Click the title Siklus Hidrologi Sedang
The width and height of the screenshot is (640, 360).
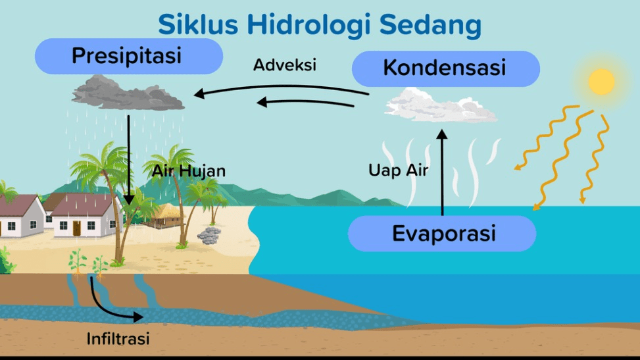(x=320, y=25)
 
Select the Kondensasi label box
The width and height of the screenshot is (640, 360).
(x=445, y=68)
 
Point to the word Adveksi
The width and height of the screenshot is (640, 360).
(x=285, y=65)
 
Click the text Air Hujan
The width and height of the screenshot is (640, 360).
(x=189, y=171)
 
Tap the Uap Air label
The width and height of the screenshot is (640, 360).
(x=399, y=171)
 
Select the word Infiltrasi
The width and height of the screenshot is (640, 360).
(x=118, y=339)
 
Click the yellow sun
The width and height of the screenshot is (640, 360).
(x=601, y=82)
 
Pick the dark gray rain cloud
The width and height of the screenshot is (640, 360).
(x=128, y=94)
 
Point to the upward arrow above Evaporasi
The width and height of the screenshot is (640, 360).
(x=442, y=171)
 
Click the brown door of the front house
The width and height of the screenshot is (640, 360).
(x=77, y=228)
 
